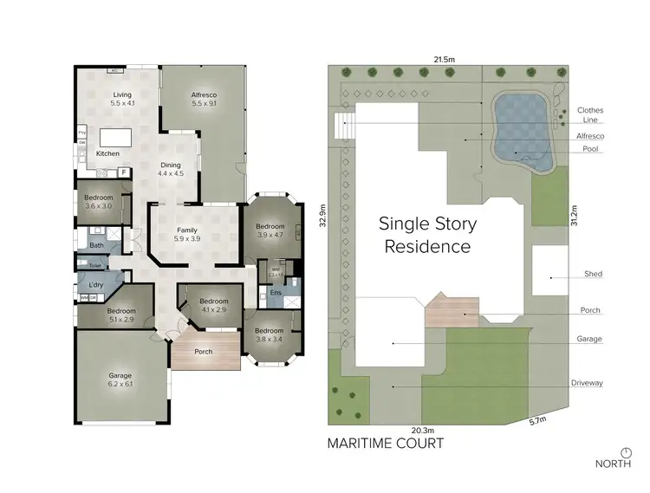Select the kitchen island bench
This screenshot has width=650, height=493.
pyautogui.click(x=114, y=138)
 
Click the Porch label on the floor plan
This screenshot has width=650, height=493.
pyautogui.click(x=204, y=352)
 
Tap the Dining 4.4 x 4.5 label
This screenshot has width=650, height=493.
pyautogui.click(x=172, y=169)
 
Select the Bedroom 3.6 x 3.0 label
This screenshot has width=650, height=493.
pyautogui.click(x=99, y=202)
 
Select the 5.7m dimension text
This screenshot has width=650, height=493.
pyautogui.click(x=540, y=422)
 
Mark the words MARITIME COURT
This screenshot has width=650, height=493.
pyautogui.click(x=385, y=444)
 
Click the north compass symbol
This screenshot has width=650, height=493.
pyautogui.click(x=626, y=451)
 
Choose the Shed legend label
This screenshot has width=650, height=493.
pyautogui.click(x=593, y=274)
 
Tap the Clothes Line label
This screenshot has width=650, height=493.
pyautogui.click(x=590, y=115)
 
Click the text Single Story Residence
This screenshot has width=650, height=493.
pyautogui.click(x=428, y=235)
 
